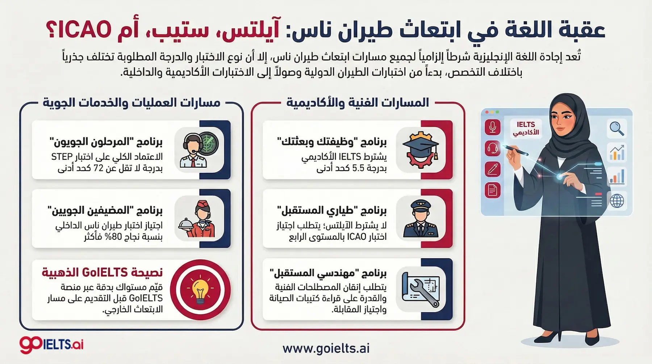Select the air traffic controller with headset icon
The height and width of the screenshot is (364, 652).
tap(198, 149)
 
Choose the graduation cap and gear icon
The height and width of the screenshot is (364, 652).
tap(420, 149)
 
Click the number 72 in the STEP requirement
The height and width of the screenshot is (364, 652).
tap(99, 168)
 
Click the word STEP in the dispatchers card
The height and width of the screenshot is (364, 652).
tap(62, 157)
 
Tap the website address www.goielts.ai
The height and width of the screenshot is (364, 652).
tap(326, 348)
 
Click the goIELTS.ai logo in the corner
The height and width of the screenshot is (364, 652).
tap(51, 344)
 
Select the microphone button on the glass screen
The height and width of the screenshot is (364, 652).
tap(492, 127)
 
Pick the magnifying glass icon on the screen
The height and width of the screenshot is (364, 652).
tap(617, 128)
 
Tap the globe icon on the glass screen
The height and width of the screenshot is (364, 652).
tap(617, 201)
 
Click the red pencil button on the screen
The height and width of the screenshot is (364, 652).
tap(492, 169)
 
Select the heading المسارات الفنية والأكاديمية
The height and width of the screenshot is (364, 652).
tap(358, 102)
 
